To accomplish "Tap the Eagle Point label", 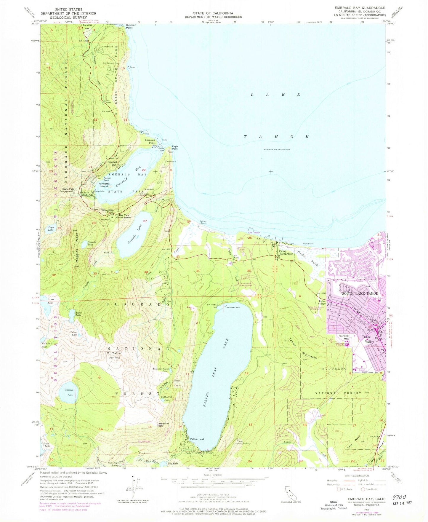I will pyautogui.click(x=175, y=148).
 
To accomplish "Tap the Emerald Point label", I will pyautogui.click(x=150, y=141).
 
